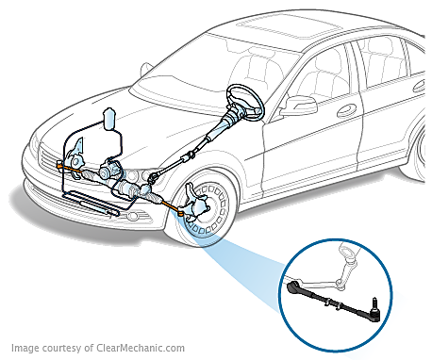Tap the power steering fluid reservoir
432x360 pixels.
(x=109, y=119)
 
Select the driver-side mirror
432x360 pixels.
(x=299, y=106)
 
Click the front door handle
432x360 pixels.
(x=347, y=110)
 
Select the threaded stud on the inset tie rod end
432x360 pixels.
(x=374, y=303)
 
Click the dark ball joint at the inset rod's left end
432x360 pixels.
(x=293, y=286)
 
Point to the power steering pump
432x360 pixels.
(x=108, y=169)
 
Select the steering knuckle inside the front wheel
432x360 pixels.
(x=194, y=204)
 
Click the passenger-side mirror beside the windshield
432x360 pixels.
(x=146, y=70)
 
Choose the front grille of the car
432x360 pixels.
(x=50, y=159)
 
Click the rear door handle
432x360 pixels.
(x=419, y=87)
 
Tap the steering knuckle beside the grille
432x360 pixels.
(x=76, y=157)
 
